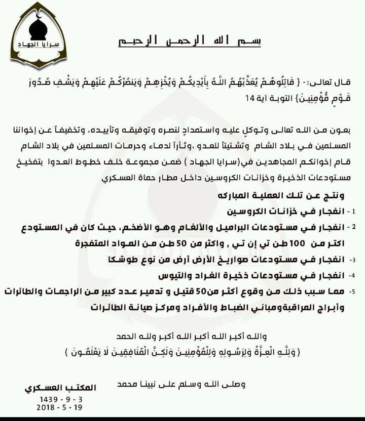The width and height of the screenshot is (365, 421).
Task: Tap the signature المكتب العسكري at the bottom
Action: pyautogui.click(x=60, y=387)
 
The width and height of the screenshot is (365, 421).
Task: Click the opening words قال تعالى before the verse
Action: pyautogui.click(x=339, y=82)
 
